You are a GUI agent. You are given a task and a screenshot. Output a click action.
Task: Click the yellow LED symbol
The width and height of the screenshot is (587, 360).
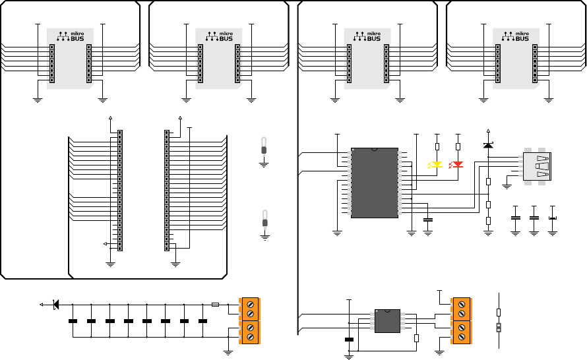(435, 165)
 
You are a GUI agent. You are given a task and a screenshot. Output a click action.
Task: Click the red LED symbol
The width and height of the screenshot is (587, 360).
(456, 165)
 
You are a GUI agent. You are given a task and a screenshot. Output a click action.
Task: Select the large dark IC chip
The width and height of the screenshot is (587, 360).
(375, 183)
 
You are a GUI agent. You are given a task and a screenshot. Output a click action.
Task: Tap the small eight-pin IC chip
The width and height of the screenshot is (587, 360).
(387, 321)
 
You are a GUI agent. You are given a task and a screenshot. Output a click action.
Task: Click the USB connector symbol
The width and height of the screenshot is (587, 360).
(537, 167)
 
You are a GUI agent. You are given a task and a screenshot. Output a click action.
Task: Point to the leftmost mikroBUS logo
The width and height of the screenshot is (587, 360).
(71, 36)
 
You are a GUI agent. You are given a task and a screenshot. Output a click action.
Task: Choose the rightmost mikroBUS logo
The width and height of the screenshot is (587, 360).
(516, 36)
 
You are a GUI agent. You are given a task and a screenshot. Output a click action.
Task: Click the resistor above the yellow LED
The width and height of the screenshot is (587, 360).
(437, 146)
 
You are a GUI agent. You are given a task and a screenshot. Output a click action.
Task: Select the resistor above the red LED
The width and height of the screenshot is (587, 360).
(458, 146)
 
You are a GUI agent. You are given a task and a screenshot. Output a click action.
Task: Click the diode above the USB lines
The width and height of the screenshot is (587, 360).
(488, 145)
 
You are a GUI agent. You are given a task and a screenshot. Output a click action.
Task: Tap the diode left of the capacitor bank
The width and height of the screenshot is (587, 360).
(56, 305)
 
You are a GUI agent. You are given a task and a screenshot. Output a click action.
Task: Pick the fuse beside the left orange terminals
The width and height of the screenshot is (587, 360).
(215, 305)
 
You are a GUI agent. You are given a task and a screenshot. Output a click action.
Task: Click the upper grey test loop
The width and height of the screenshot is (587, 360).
(264, 146)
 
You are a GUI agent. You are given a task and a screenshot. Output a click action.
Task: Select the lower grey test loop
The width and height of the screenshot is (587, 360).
(265, 219)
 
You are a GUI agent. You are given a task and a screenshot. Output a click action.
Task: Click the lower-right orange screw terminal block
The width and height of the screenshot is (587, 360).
(462, 332)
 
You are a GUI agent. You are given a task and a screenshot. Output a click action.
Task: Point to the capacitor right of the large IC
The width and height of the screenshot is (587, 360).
(427, 220)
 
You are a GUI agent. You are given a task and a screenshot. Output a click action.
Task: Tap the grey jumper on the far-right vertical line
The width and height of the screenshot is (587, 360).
(499, 328)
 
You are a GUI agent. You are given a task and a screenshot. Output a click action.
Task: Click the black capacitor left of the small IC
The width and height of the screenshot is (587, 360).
(349, 340)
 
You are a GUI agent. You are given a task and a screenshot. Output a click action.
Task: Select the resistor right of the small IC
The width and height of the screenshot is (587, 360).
(416, 338)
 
